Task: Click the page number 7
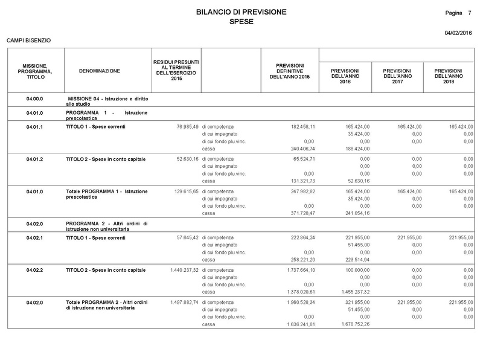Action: (469, 13)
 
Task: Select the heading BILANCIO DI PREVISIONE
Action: (241, 12)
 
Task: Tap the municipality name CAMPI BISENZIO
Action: (28, 40)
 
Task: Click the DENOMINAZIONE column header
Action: (100, 71)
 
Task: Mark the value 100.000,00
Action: (356, 270)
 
